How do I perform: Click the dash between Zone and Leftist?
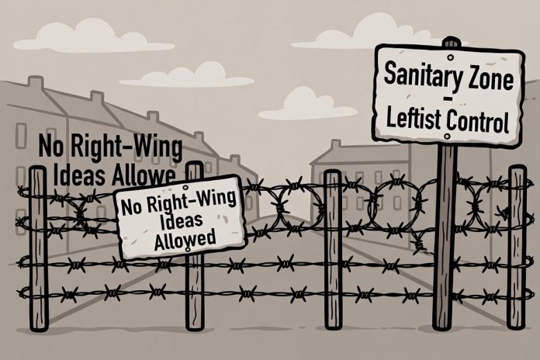(448, 99)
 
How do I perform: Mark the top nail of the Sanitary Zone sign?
(450, 57)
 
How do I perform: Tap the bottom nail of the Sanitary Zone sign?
(447, 137)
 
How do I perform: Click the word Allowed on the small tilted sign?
(185, 238)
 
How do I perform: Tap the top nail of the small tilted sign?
(185, 188)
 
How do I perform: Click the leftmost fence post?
(38, 248)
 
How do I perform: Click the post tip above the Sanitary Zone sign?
(452, 41)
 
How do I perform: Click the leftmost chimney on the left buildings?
(36, 83)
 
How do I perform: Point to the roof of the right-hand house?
(358, 154)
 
